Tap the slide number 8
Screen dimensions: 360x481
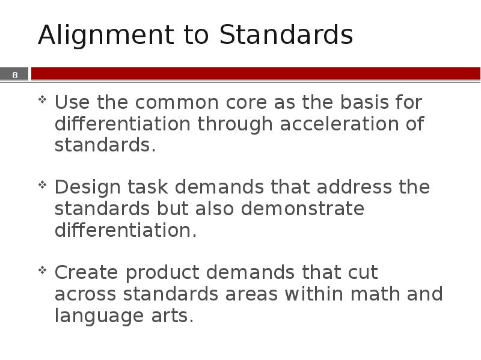coord(15,75)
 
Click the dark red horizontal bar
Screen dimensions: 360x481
coord(256,73)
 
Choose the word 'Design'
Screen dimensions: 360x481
coord(88,188)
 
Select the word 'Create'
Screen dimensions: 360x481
coord(87,273)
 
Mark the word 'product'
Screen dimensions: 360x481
coord(163,273)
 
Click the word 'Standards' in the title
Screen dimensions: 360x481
coord(286,36)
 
